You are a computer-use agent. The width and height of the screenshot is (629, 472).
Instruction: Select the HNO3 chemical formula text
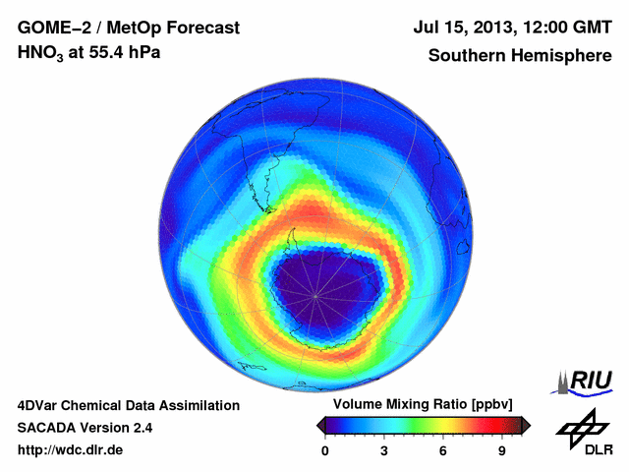tap(41, 54)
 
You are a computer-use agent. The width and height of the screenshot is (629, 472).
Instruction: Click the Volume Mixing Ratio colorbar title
tap(418, 405)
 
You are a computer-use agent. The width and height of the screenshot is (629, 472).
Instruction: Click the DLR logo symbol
tap(582, 427)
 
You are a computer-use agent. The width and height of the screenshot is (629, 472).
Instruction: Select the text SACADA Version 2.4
tap(85, 428)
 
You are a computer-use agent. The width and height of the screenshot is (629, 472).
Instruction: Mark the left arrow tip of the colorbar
tap(318, 425)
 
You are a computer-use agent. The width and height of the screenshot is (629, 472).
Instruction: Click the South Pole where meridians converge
tap(314, 295)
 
